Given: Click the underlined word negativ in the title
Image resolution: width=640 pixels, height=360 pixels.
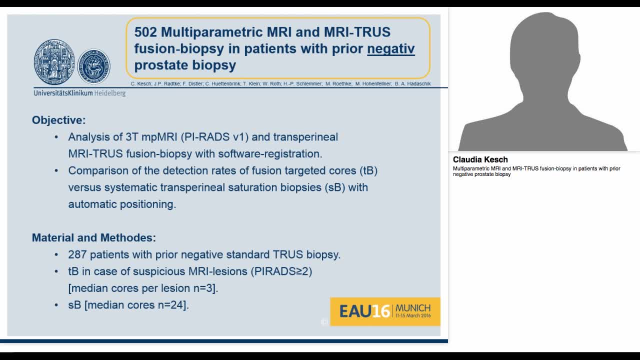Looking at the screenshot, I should tap(390, 48).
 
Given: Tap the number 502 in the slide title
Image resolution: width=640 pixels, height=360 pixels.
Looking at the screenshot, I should tap(145, 32).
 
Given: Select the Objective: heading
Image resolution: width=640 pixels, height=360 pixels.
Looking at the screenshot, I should tap(58, 120).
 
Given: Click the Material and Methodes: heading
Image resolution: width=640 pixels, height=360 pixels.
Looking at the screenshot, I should tap(93, 237).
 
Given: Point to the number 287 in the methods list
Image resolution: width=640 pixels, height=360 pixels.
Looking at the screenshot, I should tap(77, 254).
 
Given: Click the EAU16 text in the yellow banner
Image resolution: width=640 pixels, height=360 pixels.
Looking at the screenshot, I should tap(364, 311).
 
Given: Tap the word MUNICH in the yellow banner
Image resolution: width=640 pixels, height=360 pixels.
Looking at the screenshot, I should tap(413, 308).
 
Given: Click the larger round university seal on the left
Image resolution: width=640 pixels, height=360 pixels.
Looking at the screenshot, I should tap(54, 63).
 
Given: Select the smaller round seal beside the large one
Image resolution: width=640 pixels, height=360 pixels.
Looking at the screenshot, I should tap(94, 66).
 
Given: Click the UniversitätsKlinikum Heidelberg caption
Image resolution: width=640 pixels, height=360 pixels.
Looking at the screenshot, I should tap(79, 93).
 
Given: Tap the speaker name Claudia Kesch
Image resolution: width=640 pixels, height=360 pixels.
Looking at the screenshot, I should tap(480, 159).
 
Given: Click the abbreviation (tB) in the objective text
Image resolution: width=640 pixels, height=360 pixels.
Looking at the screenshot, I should tap(368, 170).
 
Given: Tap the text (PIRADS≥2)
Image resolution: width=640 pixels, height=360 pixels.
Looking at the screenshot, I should tap(282, 271).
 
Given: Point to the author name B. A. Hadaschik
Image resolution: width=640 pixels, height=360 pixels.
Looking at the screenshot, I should tap(412, 84).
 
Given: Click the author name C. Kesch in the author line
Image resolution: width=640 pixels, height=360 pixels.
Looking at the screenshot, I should tap(141, 84).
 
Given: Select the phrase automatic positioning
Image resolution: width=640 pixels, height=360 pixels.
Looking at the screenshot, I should tap(122, 204).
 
